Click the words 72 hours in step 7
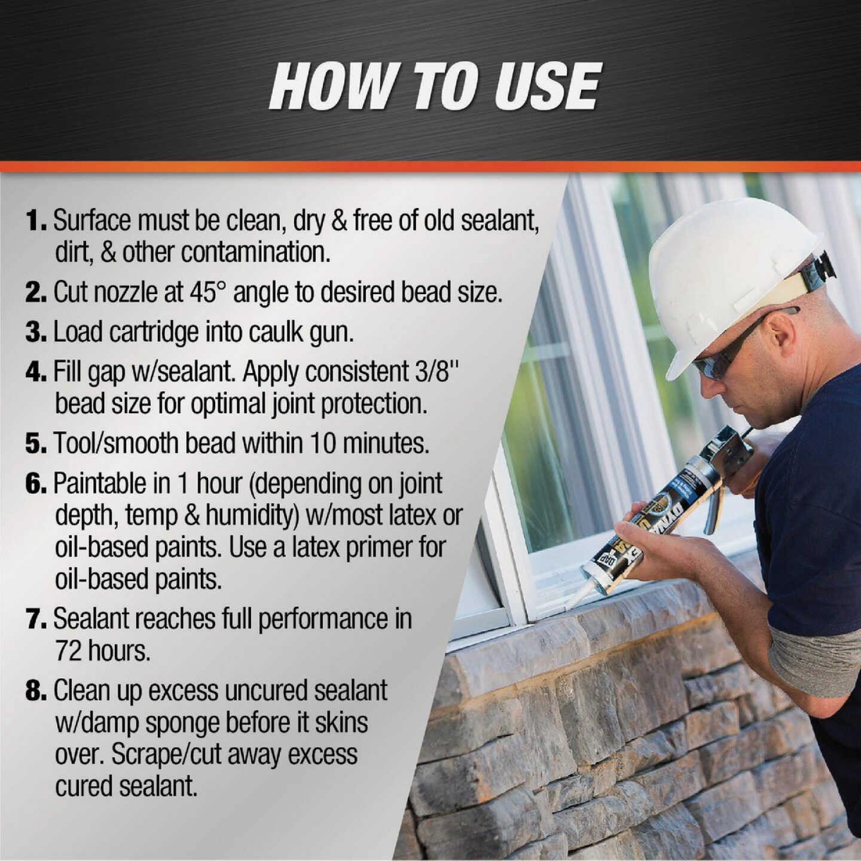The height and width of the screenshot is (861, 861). pyautogui.click(x=102, y=651)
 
